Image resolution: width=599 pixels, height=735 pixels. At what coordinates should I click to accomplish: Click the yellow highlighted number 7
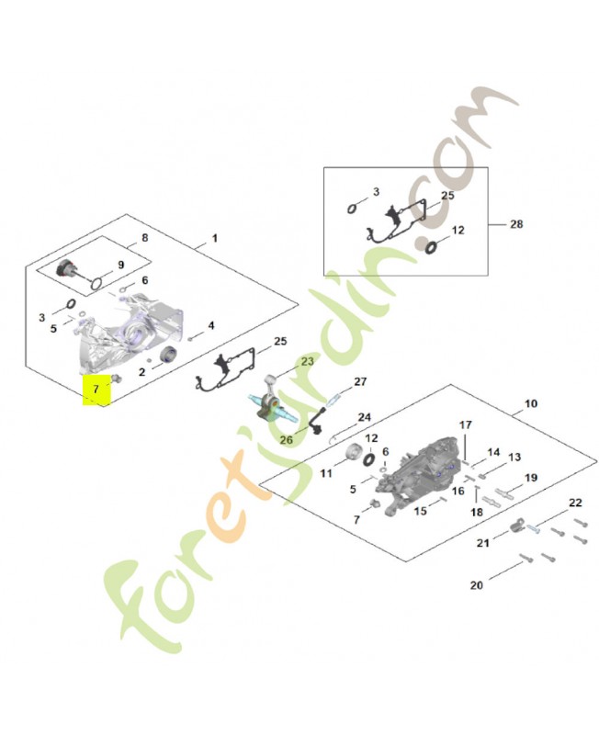tap(96, 389)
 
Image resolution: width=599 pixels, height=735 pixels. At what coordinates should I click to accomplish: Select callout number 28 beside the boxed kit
tap(516, 224)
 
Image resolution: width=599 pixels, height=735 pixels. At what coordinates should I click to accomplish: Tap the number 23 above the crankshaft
tap(308, 361)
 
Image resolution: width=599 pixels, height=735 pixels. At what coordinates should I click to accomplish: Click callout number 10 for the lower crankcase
tap(531, 403)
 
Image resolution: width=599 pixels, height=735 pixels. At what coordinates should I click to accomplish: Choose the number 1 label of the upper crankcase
tap(215, 238)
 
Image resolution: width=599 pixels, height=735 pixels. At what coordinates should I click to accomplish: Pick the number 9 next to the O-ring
tap(121, 265)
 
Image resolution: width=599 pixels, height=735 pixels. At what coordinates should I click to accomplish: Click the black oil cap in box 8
tap(64, 267)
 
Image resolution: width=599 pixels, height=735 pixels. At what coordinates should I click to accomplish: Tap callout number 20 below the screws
tap(476, 585)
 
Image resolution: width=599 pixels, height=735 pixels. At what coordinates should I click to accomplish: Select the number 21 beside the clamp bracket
tap(482, 543)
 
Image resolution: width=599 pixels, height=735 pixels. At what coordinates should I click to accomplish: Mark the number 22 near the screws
tap(575, 503)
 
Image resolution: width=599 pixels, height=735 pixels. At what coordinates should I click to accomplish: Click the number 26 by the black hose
tap(286, 440)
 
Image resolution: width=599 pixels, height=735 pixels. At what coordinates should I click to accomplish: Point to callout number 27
tap(360, 381)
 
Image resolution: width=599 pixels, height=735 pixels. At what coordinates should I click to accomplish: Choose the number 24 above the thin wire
tap(364, 417)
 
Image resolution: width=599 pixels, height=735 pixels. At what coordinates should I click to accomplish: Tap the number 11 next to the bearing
tap(326, 473)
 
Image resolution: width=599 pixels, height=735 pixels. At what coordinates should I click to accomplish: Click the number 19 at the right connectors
tap(531, 478)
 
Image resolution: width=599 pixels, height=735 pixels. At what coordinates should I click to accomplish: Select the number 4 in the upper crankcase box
tap(211, 325)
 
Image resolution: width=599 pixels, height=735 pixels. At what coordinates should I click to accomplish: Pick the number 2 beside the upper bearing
tap(142, 372)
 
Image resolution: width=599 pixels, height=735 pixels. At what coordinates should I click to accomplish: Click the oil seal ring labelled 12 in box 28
tap(430, 247)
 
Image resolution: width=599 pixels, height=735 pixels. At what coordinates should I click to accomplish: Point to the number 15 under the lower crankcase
tap(421, 511)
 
